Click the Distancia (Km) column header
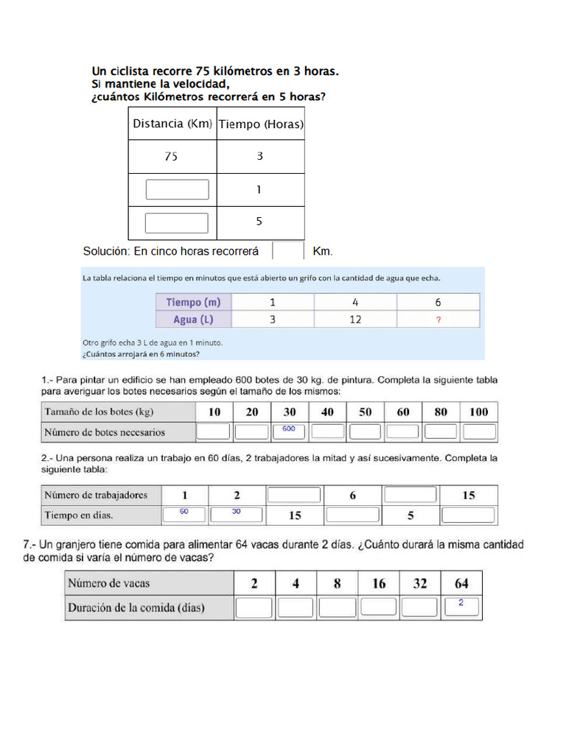172,124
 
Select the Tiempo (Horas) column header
260,124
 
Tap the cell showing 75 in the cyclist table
172,156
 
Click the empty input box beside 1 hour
177,190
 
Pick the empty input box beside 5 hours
177,222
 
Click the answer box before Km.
287,251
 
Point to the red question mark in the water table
439,320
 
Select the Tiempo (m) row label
193,302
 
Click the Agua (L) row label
193,320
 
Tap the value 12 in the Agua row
355,320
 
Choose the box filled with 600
289,431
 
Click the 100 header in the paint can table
478,412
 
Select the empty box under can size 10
214,431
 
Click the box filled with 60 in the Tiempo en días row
184,514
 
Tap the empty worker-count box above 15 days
294,495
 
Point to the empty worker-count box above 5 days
410,495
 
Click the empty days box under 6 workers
353,515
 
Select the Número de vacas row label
109,583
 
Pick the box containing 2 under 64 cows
461,606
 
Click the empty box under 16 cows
379,607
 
